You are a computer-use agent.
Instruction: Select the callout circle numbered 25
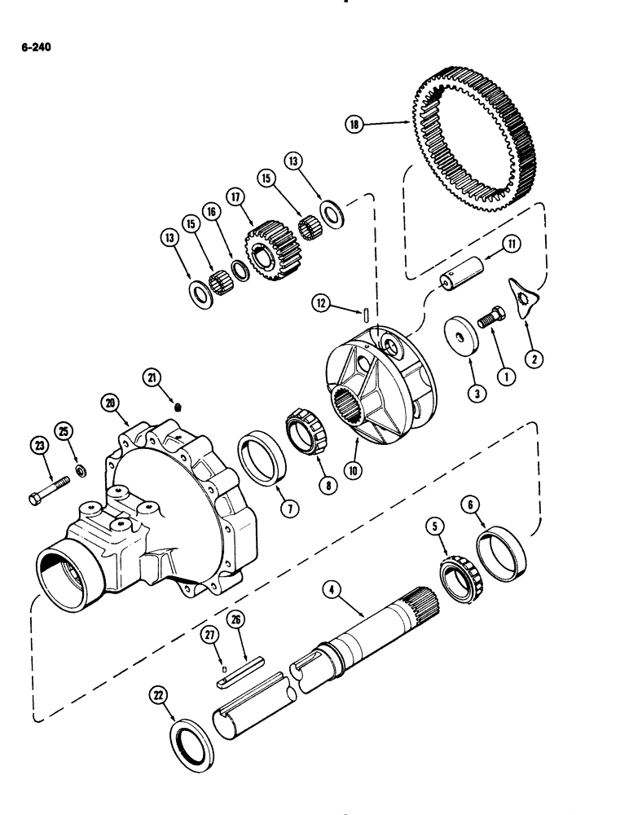(64, 430)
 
